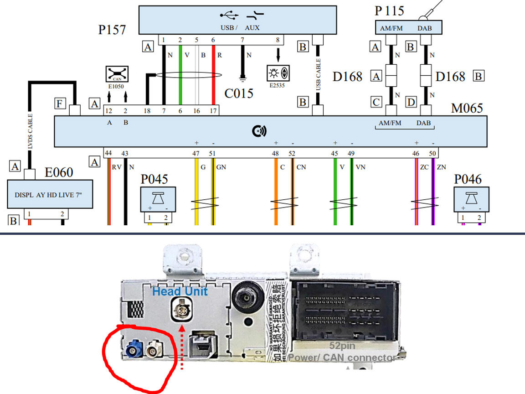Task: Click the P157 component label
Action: [112, 30]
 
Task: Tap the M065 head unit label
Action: [467, 108]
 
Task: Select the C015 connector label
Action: [239, 93]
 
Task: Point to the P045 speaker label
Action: [154, 179]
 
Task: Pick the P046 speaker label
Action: [468, 179]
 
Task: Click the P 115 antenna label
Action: [389, 10]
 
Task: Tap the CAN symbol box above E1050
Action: [117, 73]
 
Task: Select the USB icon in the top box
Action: [228, 16]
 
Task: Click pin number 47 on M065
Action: [196, 154]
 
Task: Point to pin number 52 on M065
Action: [292, 154]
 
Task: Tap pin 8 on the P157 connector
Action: [278, 40]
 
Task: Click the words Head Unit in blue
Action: [180, 291]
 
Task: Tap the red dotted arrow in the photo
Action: [183, 347]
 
